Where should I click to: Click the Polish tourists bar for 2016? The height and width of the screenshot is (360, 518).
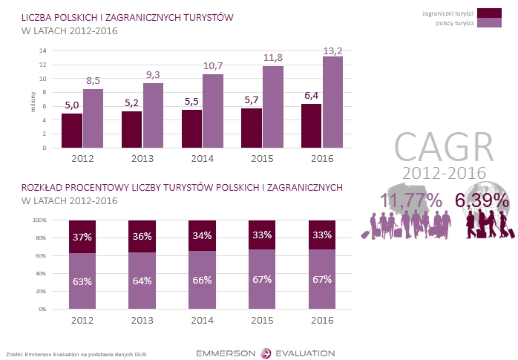[332, 102]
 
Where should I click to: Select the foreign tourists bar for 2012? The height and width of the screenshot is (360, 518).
[72, 131]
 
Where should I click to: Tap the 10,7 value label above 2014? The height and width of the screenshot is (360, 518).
[213, 66]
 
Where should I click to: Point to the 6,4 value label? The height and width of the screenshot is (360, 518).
[312, 96]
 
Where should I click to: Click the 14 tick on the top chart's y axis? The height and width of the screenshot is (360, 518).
[43, 50]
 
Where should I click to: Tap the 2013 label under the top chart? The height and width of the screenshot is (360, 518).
[142, 158]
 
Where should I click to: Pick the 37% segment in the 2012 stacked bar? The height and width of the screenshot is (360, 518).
[82, 237]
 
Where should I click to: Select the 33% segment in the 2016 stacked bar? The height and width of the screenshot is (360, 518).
[322, 235]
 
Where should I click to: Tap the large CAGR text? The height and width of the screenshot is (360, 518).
[443, 145]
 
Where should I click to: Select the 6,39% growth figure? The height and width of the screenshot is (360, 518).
[482, 200]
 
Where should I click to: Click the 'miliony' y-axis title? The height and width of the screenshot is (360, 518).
[33, 99]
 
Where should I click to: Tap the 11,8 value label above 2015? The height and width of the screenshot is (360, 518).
[273, 58]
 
